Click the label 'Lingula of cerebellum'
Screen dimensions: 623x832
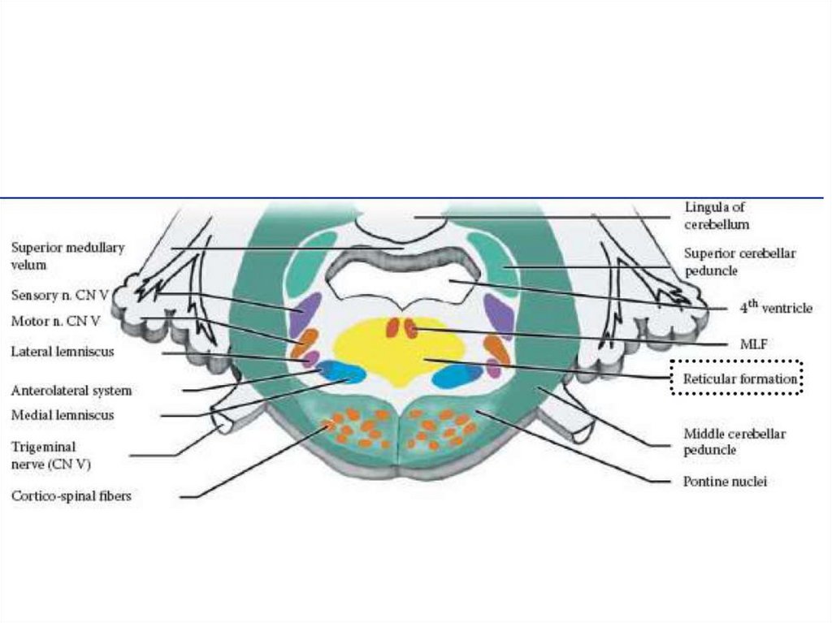(x=716, y=216)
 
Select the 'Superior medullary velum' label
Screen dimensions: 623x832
(x=67, y=256)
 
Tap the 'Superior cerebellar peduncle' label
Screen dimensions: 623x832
(x=739, y=261)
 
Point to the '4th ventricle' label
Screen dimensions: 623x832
(x=775, y=308)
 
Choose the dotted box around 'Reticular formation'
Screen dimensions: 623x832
(x=736, y=379)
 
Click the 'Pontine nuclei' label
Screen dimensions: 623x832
(x=725, y=481)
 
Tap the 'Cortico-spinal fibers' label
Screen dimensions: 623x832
(x=71, y=495)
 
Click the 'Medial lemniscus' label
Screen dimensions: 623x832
(x=63, y=415)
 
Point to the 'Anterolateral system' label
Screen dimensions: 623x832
(x=71, y=390)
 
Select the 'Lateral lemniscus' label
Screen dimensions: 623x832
(x=63, y=352)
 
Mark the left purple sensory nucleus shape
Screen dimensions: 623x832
(x=306, y=313)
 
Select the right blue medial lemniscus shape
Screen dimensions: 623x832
(x=457, y=375)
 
